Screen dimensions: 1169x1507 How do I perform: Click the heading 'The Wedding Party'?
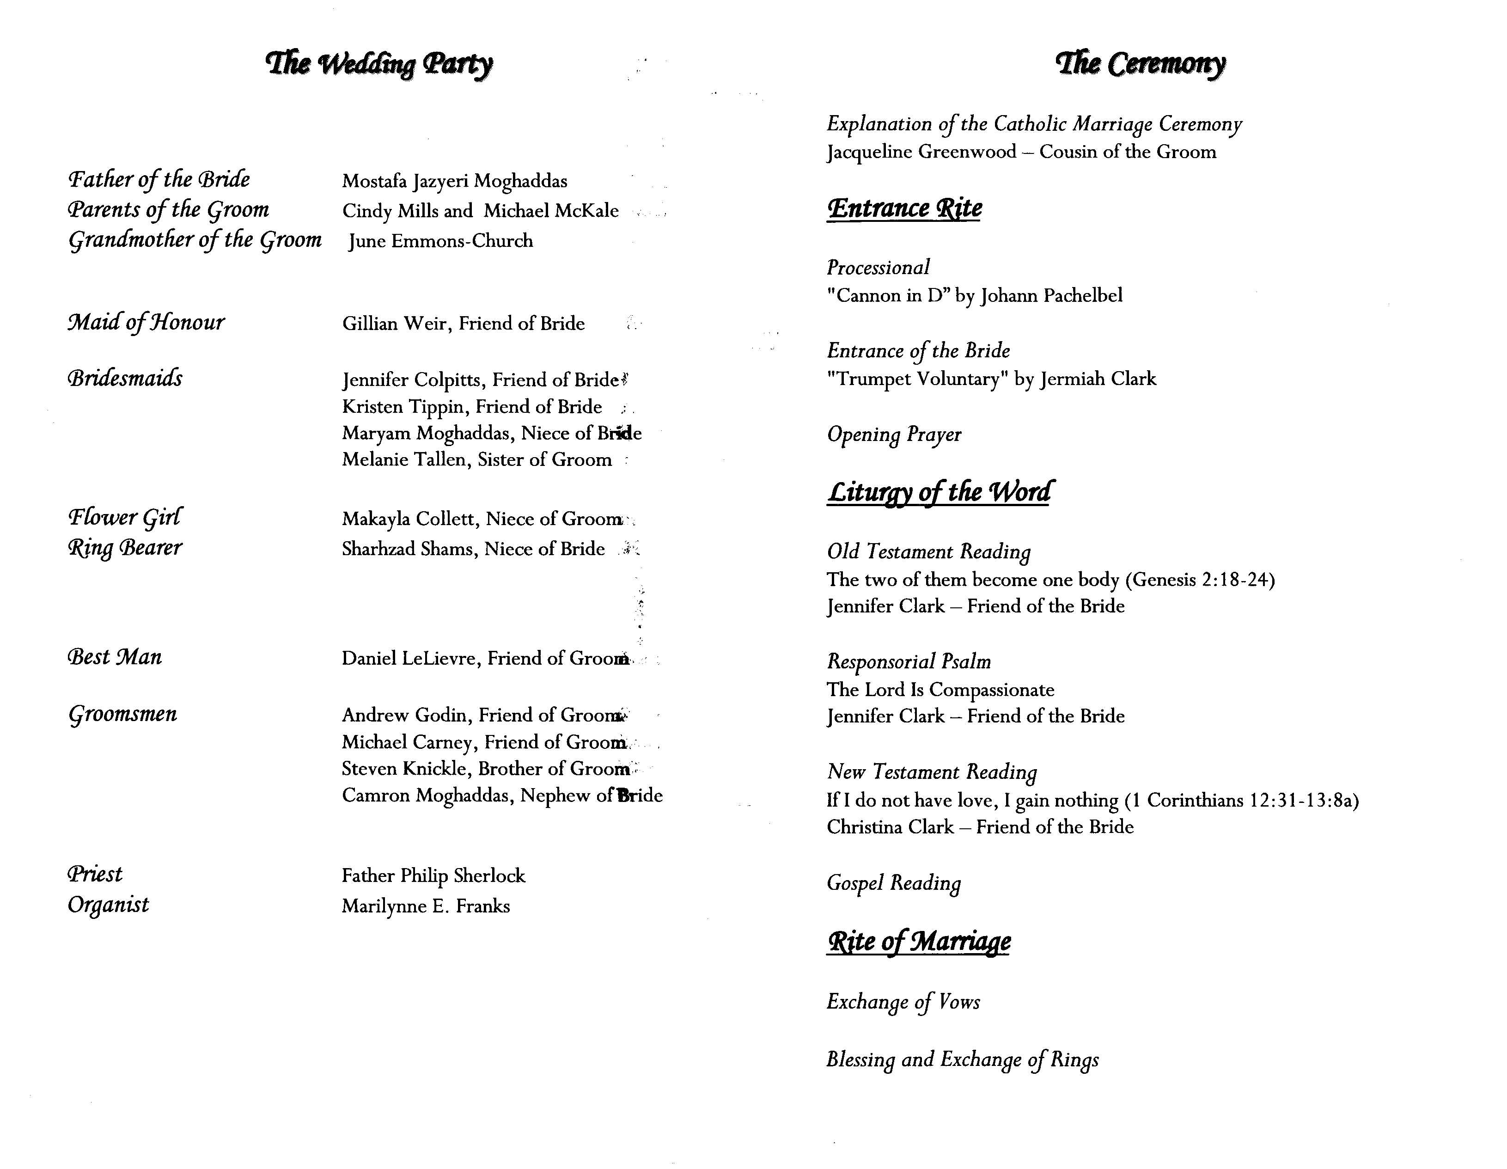point(379,64)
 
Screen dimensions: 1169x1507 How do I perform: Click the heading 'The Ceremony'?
point(1141,64)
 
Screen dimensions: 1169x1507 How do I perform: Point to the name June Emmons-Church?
point(440,241)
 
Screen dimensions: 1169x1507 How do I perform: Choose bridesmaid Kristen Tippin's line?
point(471,406)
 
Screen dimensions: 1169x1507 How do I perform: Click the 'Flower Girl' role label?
point(125,517)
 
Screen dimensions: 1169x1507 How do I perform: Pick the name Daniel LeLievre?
point(411,658)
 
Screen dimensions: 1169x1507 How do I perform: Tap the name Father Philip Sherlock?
point(433,876)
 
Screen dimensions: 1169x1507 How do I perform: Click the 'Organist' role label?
point(108,905)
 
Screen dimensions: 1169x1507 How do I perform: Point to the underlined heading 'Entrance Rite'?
point(904,208)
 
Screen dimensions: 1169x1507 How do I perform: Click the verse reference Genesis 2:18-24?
point(1200,580)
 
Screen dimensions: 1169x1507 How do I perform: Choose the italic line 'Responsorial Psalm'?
point(909,662)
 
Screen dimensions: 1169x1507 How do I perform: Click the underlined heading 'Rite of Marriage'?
point(918,941)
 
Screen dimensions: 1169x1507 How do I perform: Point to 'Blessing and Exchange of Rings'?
point(963,1059)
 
